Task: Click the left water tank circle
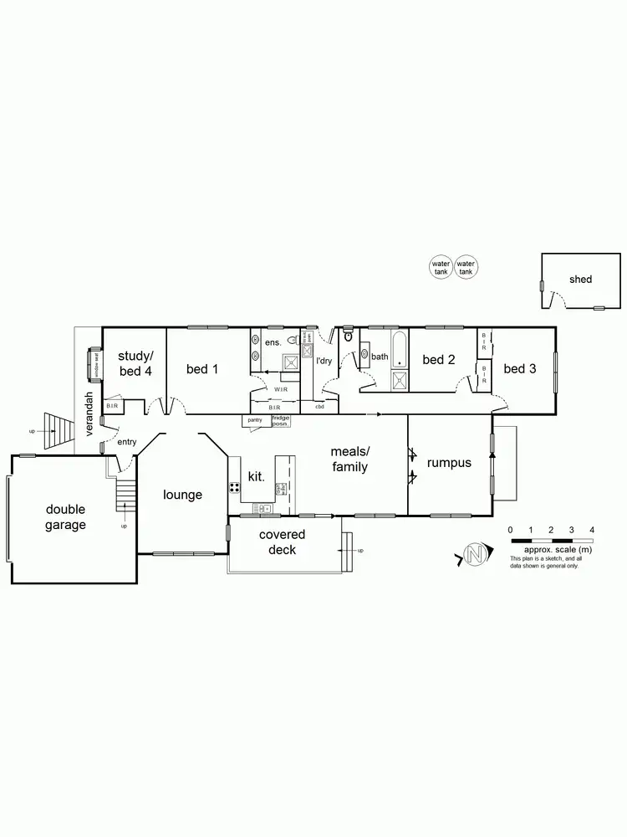click(441, 267)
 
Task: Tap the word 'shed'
click(580, 279)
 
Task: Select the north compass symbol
click(476, 555)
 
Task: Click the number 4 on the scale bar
click(592, 530)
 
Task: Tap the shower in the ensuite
click(290, 363)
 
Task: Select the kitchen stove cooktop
click(234, 488)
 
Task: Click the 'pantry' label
click(255, 419)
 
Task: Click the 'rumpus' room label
click(449, 462)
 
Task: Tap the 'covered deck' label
click(282, 542)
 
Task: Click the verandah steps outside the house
click(56, 430)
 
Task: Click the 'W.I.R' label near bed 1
click(280, 389)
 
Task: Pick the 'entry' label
click(127, 441)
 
